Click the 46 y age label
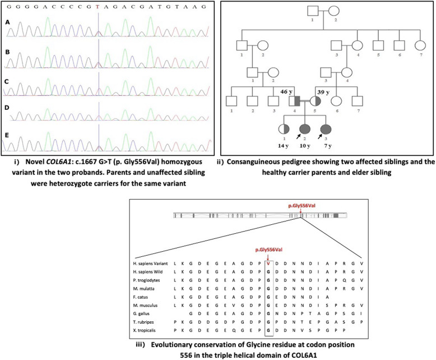(280, 90)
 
